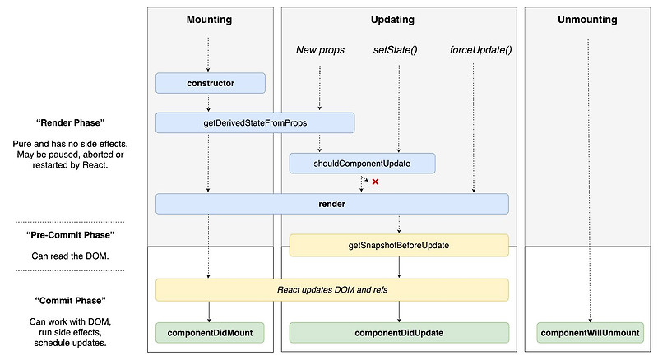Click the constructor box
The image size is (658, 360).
click(x=211, y=83)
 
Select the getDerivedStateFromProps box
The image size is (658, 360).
click(x=255, y=122)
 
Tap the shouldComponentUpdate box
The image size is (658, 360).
click(x=362, y=164)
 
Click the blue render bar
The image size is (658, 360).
click(x=332, y=204)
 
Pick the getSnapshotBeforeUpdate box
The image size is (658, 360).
click(x=399, y=245)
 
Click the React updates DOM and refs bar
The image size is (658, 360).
click(x=332, y=289)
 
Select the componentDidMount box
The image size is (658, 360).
click(x=211, y=333)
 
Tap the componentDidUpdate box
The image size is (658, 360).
click(x=399, y=333)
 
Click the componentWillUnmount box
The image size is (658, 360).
click(x=589, y=333)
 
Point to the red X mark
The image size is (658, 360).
click(x=375, y=182)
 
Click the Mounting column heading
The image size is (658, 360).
click(x=209, y=19)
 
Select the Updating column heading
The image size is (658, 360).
click(x=399, y=19)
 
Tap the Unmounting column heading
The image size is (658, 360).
click(x=589, y=19)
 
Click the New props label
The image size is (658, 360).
click(x=319, y=50)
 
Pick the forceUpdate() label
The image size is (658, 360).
click(x=480, y=50)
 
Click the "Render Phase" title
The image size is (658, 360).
click(x=70, y=123)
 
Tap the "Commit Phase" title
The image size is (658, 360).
click(x=70, y=301)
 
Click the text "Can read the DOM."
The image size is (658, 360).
click(x=70, y=256)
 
